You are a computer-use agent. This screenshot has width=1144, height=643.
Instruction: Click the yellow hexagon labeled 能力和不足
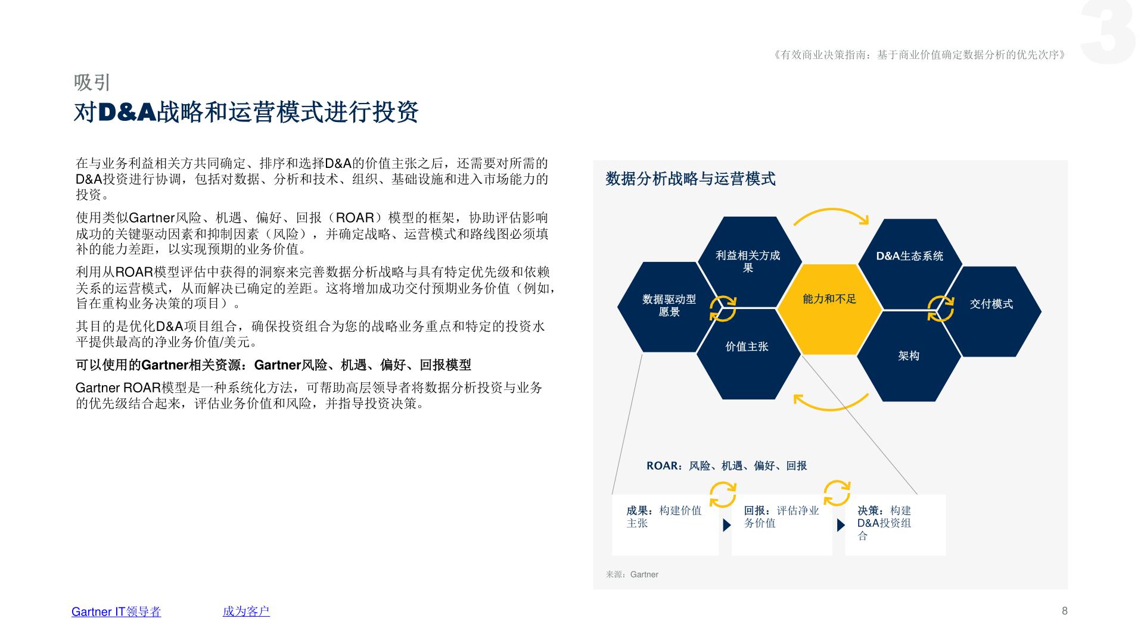pos(829,310)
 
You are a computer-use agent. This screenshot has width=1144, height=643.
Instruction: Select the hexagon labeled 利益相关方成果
pos(748,262)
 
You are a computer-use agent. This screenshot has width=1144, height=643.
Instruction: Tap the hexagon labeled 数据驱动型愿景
pos(669,307)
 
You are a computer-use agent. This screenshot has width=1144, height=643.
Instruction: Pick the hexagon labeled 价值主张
pos(748,354)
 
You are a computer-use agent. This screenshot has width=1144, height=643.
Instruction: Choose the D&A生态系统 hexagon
pos(909,264)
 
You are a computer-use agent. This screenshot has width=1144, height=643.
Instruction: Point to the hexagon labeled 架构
pos(909,356)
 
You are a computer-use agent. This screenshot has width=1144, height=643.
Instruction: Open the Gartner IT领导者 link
pos(116,611)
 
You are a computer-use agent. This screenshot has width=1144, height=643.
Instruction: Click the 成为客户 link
pos(246,611)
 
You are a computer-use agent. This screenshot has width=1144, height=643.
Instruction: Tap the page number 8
pos(1065,611)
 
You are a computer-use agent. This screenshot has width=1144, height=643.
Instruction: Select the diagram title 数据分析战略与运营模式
pos(691,179)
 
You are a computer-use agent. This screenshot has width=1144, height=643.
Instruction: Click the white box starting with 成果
pos(665,525)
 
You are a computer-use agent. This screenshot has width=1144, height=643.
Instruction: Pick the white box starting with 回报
pos(782,525)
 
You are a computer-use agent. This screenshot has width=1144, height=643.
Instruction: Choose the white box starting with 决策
pos(895,525)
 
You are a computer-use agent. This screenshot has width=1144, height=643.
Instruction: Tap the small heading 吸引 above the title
pos(92,82)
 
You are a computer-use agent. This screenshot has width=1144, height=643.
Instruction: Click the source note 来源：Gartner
pos(632,575)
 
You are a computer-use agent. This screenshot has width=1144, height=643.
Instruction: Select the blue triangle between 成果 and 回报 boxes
pos(726,525)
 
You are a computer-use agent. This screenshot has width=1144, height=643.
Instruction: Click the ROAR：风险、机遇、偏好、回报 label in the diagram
pos(727,466)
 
